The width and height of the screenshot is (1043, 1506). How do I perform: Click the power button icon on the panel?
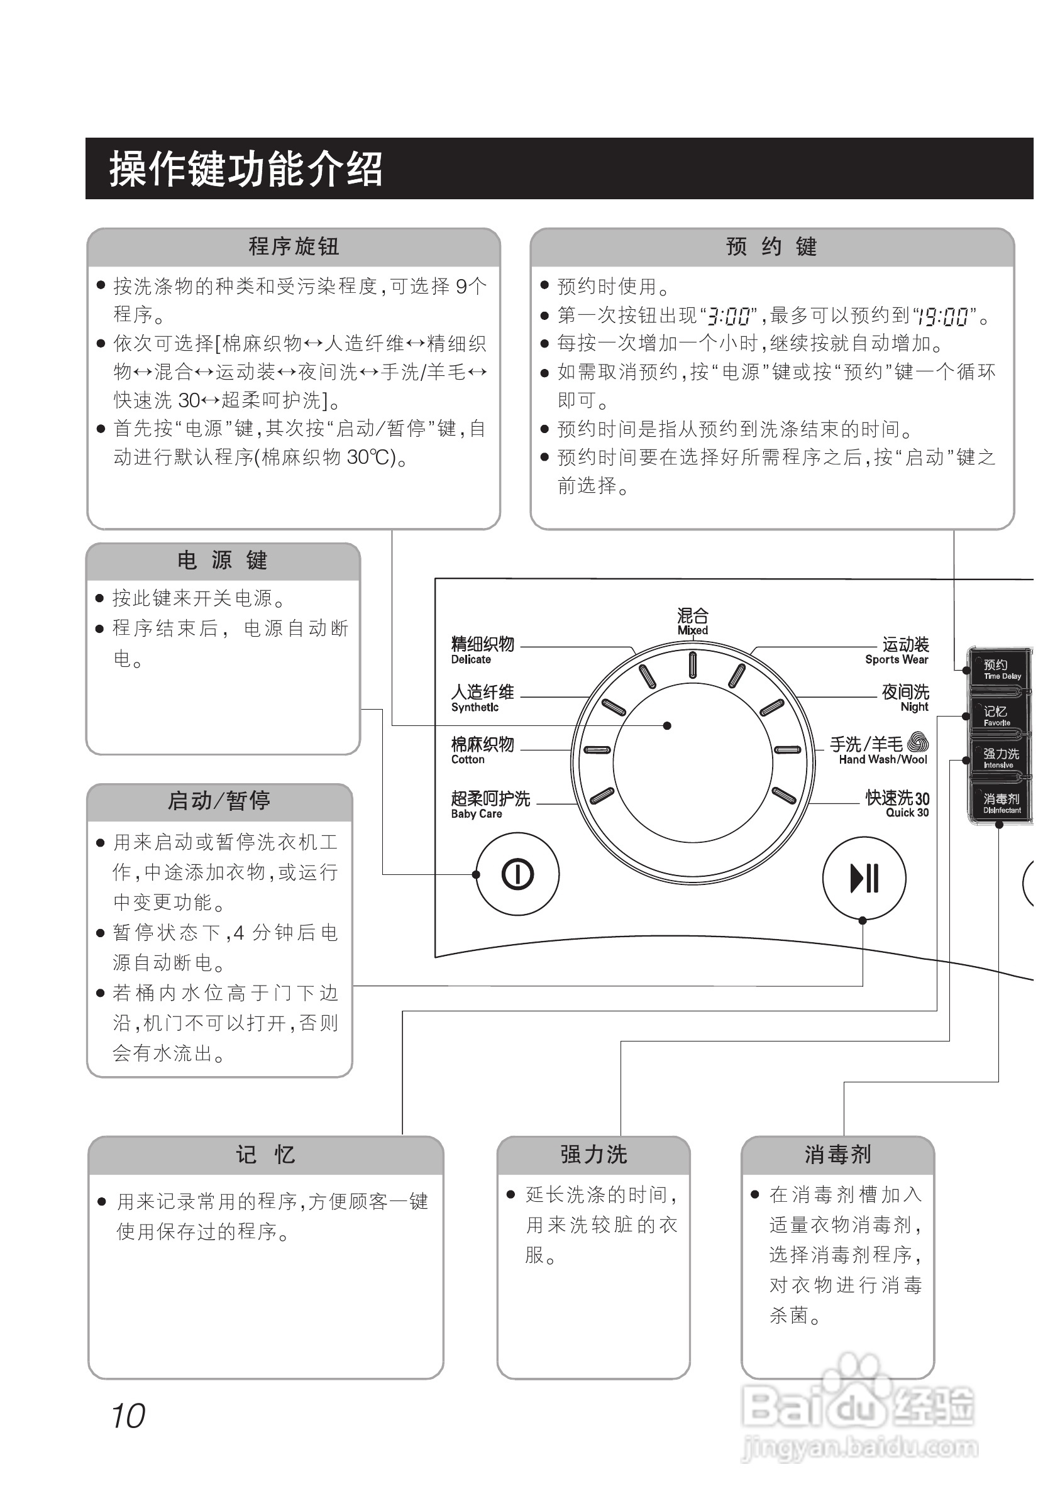(x=517, y=874)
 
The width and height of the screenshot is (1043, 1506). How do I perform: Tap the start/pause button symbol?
(x=864, y=878)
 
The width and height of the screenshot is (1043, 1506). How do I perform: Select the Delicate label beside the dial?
(x=482, y=650)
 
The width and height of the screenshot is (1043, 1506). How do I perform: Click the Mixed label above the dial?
(x=693, y=621)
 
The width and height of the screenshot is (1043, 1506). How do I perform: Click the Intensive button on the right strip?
(x=1000, y=758)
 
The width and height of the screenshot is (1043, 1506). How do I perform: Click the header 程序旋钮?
(x=294, y=246)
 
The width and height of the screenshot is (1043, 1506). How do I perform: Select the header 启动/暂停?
(x=219, y=800)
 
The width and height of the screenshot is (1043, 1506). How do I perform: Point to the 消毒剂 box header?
(x=837, y=1155)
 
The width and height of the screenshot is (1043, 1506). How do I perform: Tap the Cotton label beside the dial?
(x=482, y=750)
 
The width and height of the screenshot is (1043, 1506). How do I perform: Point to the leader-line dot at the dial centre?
(x=666, y=725)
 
